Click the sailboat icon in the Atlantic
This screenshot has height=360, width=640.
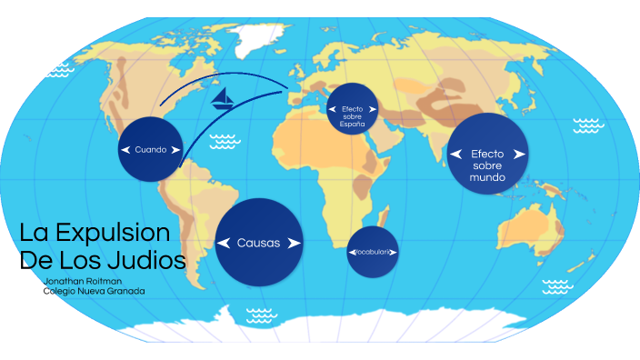pyautogui.click(x=221, y=98)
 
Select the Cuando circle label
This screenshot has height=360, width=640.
pyautogui.click(x=151, y=149)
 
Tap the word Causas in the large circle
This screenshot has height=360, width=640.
pyautogui.click(x=259, y=243)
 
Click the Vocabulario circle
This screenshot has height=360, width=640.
pyautogui.click(x=373, y=251)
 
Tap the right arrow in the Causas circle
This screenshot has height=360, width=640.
pyautogui.click(x=293, y=243)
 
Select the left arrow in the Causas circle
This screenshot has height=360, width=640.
pyautogui.click(x=224, y=243)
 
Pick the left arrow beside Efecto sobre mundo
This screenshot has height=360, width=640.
pyautogui.click(x=455, y=155)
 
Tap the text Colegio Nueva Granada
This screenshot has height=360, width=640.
pyautogui.click(x=94, y=291)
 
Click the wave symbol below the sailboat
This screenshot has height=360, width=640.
pyautogui.click(x=223, y=141)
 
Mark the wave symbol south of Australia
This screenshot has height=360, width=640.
pyautogui.click(x=557, y=286)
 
